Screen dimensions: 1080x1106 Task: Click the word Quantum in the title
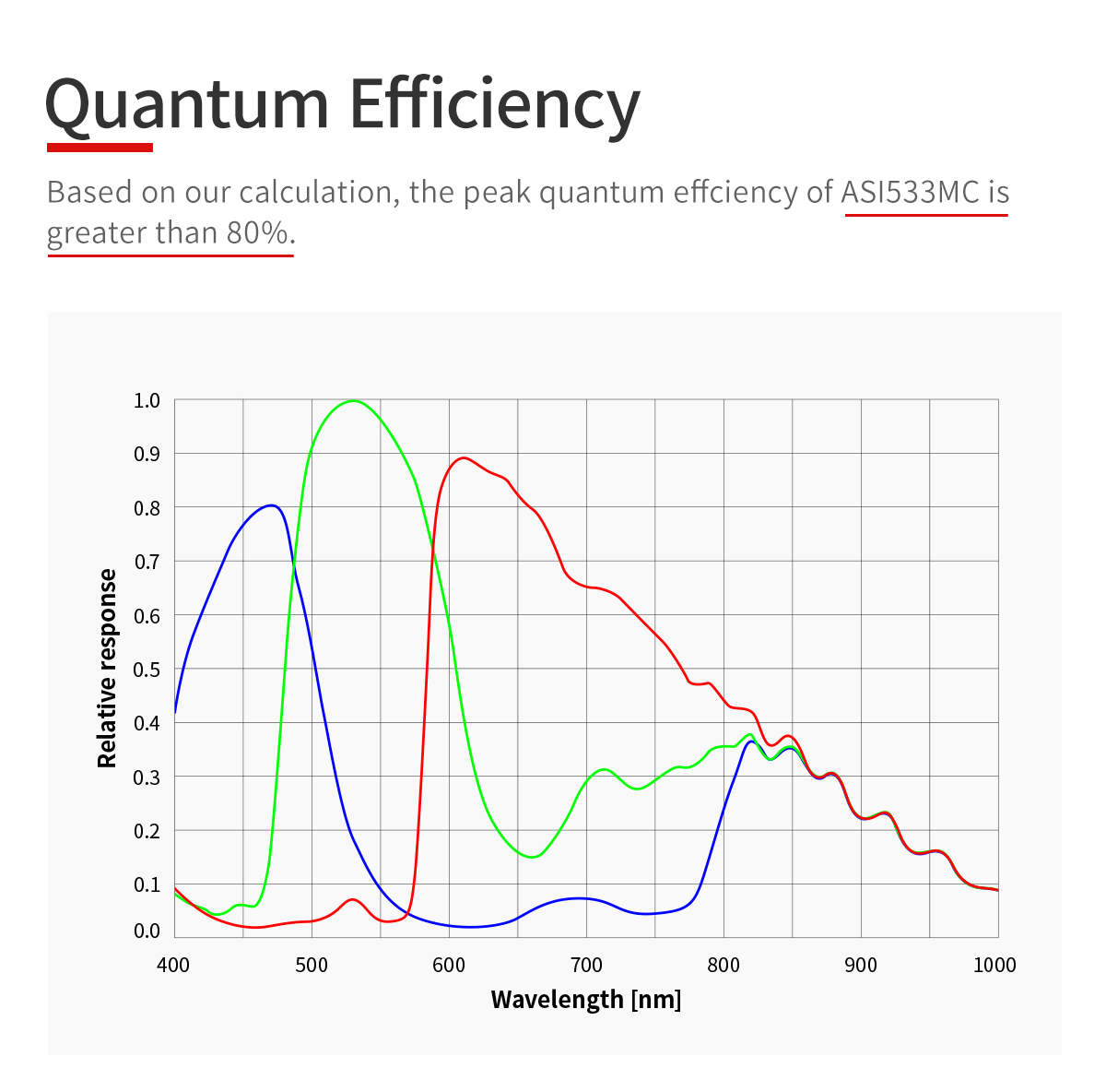(187, 103)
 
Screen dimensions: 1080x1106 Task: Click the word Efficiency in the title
(495, 103)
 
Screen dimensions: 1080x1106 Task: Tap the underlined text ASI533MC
(910, 192)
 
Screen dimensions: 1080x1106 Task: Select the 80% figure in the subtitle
(257, 232)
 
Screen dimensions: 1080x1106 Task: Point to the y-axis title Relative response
(108, 669)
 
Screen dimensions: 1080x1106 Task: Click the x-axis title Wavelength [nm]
(586, 999)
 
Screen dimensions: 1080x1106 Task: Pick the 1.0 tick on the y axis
(147, 400)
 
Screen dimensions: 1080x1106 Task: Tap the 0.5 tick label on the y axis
(147, 670)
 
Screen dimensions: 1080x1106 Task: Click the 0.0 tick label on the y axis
(147, 931)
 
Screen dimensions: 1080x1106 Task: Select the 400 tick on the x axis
(173, 965)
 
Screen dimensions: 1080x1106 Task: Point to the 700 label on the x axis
(586, 965)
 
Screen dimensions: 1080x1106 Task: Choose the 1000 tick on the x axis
(994, 965)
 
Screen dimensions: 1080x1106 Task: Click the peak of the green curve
(353, 401)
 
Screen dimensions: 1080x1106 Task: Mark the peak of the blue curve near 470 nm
(271, 505)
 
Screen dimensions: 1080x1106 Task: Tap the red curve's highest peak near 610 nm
(464, 457)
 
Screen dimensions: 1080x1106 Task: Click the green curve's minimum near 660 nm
(532, 857)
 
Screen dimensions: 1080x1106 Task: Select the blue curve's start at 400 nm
(175, 713)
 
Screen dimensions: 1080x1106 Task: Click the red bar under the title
(100, 147)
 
